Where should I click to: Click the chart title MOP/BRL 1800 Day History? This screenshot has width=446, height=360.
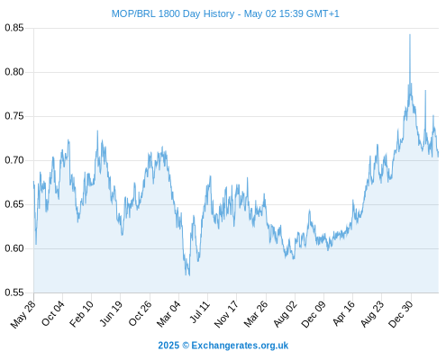coord(173,13)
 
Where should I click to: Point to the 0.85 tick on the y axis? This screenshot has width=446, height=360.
coord(14,28)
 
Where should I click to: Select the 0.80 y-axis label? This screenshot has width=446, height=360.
coord(14,72)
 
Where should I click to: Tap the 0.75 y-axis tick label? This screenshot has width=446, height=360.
coord(14,116)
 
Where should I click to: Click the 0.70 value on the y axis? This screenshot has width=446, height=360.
coord(14,160)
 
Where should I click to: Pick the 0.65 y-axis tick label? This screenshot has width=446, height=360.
coord(14,204)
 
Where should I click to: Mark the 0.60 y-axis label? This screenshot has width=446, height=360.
coord(14,248)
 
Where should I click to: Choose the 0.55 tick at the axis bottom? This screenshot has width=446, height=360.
coord(14,292)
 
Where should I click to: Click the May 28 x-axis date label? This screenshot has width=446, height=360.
coord(23,314)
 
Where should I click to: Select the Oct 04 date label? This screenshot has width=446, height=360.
coord(53,313)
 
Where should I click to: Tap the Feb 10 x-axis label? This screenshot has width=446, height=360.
coord(81,314)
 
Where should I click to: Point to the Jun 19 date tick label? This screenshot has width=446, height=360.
coord(111,313)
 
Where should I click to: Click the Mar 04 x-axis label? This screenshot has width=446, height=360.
coord(168,314)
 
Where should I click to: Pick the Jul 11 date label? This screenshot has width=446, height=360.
coord(199,312)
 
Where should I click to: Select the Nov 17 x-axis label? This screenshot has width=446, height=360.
coord(226,314)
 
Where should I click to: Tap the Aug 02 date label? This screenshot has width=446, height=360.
coord(285,314)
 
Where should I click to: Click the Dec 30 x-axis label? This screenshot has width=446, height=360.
coord(401,314)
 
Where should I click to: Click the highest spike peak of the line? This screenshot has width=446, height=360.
coord(410,34)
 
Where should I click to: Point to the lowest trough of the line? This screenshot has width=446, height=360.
coord(189,275)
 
